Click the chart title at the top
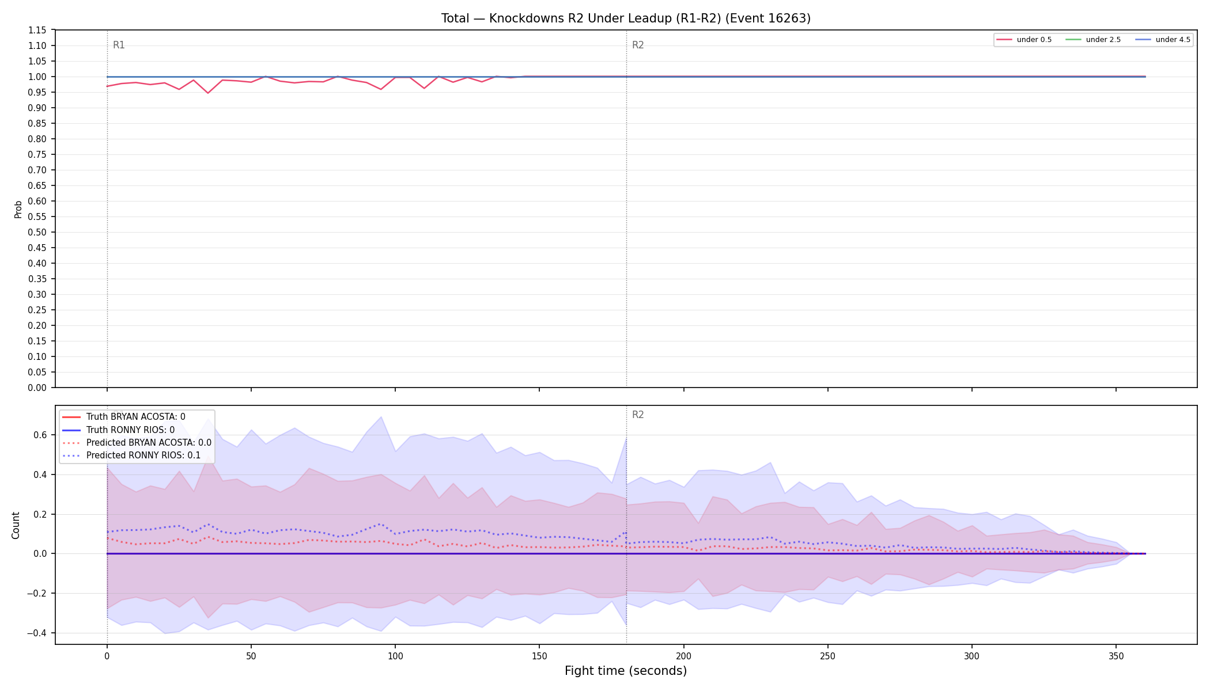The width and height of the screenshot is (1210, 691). click(x=626, y=18)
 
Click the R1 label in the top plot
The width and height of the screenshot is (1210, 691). click(x=119, y=45)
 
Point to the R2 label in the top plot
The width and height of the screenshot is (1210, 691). click(x=638, y=45)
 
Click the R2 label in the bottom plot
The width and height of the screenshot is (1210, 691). click(x=638, y=415)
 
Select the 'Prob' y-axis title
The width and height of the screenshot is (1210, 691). click(x=18, y=209)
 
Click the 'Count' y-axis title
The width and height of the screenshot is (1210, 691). click(x=16, y=525)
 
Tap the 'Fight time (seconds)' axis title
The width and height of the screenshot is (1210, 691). click(x=626, y=671)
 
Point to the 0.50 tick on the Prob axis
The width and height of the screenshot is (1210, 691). click(x=37, y=232)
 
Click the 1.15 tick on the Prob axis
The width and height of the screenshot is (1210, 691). click(x=37, y=30)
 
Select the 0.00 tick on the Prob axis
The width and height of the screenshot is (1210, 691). click(x=37, y=388)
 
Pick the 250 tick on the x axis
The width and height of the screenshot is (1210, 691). click(x=827, y=656)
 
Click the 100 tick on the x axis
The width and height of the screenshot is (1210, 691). click(x=395, y=656)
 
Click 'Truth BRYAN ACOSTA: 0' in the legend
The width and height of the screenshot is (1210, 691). click(x=136, y=417)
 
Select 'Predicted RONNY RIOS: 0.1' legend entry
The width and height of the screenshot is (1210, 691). click(x=143, y=455)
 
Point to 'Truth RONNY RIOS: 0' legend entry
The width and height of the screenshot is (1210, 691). click(x=130, y=430)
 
